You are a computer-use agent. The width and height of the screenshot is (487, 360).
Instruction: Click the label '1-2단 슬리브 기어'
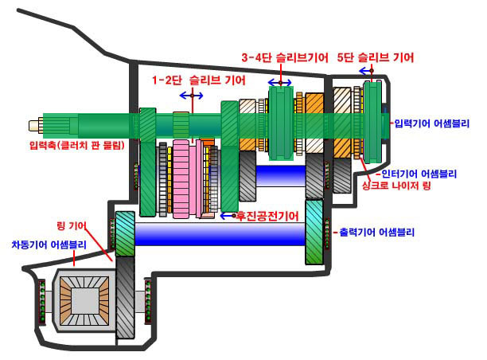(x=199, y=80)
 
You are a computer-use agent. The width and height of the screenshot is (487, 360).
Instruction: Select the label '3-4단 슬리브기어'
(x=283, y=58)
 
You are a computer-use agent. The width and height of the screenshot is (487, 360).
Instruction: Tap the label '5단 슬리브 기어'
(x=375, y=58)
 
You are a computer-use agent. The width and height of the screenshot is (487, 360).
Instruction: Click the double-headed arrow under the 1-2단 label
(x=191, y=96)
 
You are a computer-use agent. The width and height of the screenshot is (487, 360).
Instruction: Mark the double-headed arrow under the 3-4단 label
(x=279, y=82)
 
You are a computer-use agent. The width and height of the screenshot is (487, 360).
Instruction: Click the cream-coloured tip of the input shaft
(x=36, y=125)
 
